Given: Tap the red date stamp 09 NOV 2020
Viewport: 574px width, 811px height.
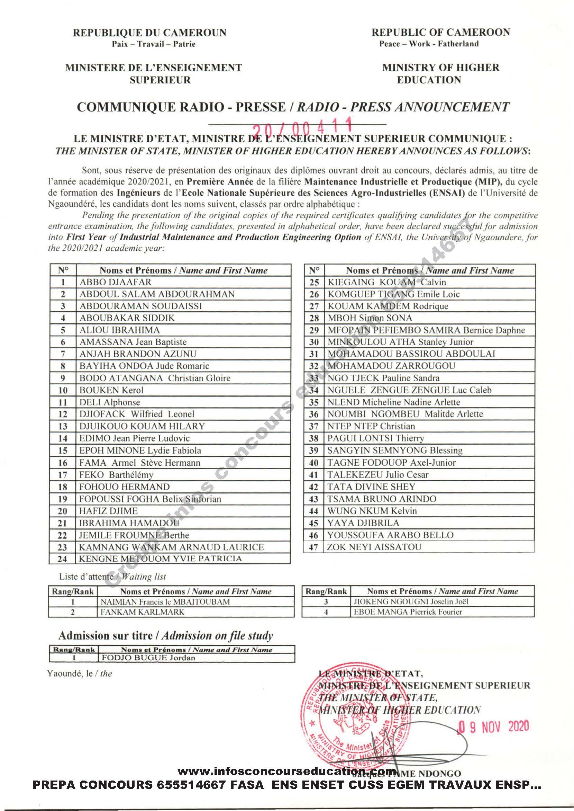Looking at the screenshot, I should point(494,727).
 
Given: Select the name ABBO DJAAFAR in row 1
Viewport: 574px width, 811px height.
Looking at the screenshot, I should point(115,282).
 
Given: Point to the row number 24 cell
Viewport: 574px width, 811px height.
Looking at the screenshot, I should point(62,559).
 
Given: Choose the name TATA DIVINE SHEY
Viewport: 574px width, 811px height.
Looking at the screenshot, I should point(371,487).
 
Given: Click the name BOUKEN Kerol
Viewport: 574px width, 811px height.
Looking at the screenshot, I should point(111,390).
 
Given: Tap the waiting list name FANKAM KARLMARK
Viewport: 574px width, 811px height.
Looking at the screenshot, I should point(143,612).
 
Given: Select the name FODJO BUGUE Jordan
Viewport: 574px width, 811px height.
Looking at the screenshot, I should point(148,658).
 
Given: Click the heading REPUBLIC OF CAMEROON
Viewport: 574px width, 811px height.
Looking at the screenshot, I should point(441,32).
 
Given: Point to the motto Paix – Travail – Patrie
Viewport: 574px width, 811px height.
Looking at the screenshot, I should point(153,44).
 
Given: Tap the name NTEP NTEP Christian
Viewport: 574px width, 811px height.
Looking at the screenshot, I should point(371,426).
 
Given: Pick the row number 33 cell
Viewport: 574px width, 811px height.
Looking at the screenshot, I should point(314,378).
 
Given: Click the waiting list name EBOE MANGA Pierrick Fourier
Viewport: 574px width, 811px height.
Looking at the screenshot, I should point(408,612).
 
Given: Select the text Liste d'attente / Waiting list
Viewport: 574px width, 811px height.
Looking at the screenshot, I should point(112,577).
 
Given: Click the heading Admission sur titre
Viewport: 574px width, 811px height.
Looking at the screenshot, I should point(105,636).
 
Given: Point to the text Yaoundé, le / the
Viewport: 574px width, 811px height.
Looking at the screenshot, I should point(80,674).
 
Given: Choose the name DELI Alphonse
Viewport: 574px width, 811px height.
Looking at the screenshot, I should point(110,402).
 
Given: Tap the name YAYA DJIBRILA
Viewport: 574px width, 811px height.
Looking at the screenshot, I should point(363,523).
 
